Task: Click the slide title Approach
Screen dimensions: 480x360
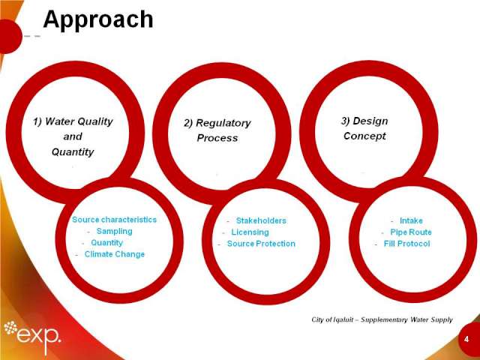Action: (x=98, y=20)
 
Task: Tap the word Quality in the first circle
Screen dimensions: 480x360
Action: (x=95, y=121)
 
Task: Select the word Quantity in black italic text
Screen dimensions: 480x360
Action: (x=73, y=151)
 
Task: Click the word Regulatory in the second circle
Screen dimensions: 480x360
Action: (x=223, y=123)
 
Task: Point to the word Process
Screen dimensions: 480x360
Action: (x=217, y=138)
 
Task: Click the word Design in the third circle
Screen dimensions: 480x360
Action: (x=370, y=121)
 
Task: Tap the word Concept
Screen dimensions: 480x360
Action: (x=364, y=136)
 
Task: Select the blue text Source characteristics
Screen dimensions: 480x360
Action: (x=114, y=220)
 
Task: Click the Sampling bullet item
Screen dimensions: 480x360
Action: (x=115, y=231)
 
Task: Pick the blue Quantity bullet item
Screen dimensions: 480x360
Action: (x=106, y=242)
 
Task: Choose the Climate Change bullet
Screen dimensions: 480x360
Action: (x=115, y=254)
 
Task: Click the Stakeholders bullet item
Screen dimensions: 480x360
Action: (x=261, y=220)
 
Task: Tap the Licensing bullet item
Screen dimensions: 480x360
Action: (x=250, y=232)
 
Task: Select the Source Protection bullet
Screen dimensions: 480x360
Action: (x=261, y=244)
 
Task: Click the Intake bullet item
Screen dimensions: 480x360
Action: (x=411, y=220)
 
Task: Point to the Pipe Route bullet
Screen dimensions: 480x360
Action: (x=411, y=232)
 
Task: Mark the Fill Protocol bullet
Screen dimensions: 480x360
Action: (x=406, y=244)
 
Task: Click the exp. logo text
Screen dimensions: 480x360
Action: (x=39, y=335)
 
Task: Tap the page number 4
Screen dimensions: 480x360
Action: (x=466, y=339)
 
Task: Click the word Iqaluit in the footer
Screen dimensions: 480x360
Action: (x=343, y=319)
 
